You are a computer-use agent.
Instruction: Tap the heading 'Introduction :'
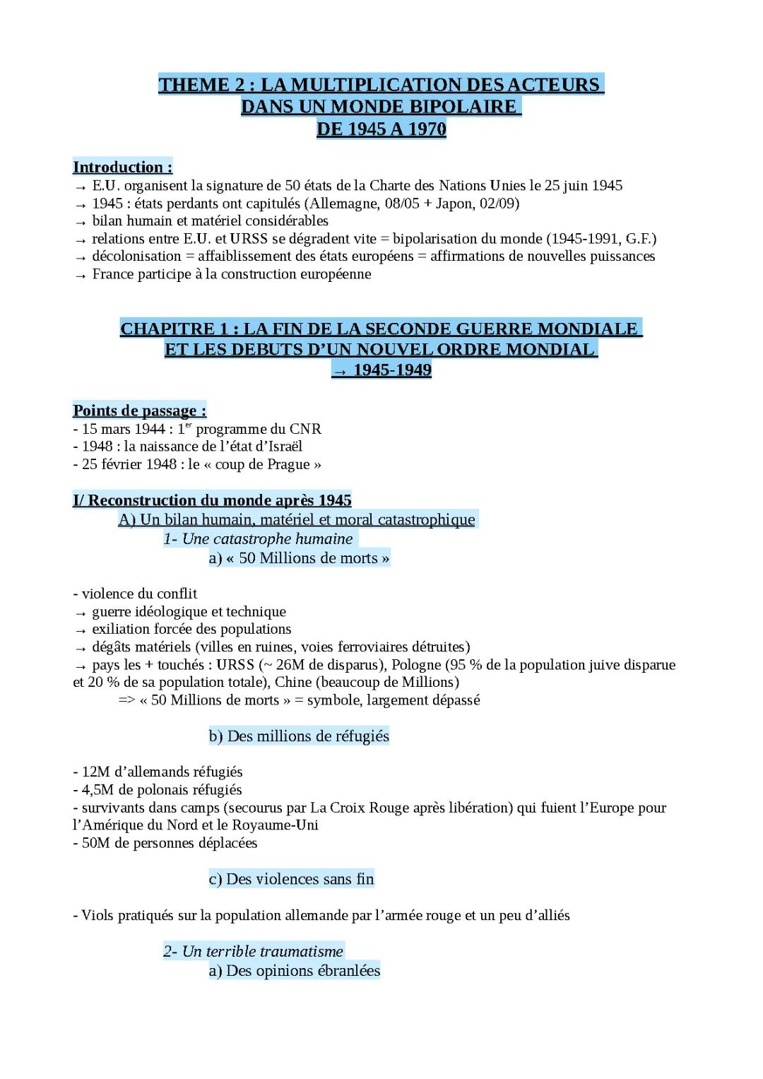tap(122, 167)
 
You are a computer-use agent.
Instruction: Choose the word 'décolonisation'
tap(136, 257)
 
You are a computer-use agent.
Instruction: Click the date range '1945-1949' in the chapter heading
tap(392, 370)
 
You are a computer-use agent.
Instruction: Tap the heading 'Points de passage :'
tap(139, 411)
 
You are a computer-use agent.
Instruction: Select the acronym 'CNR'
tap(305, 429)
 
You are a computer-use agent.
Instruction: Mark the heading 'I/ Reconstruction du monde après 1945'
tap(212, 501)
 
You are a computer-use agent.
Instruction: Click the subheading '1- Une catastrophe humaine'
tap(258, 539)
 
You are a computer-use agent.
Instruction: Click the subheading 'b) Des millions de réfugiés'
tap(299, 736)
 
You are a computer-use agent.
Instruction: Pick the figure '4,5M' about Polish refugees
tap(98, 790)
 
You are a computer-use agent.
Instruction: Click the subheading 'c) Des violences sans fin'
tap(291, 879)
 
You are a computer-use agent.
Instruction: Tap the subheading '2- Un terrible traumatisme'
tap(253, 952)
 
